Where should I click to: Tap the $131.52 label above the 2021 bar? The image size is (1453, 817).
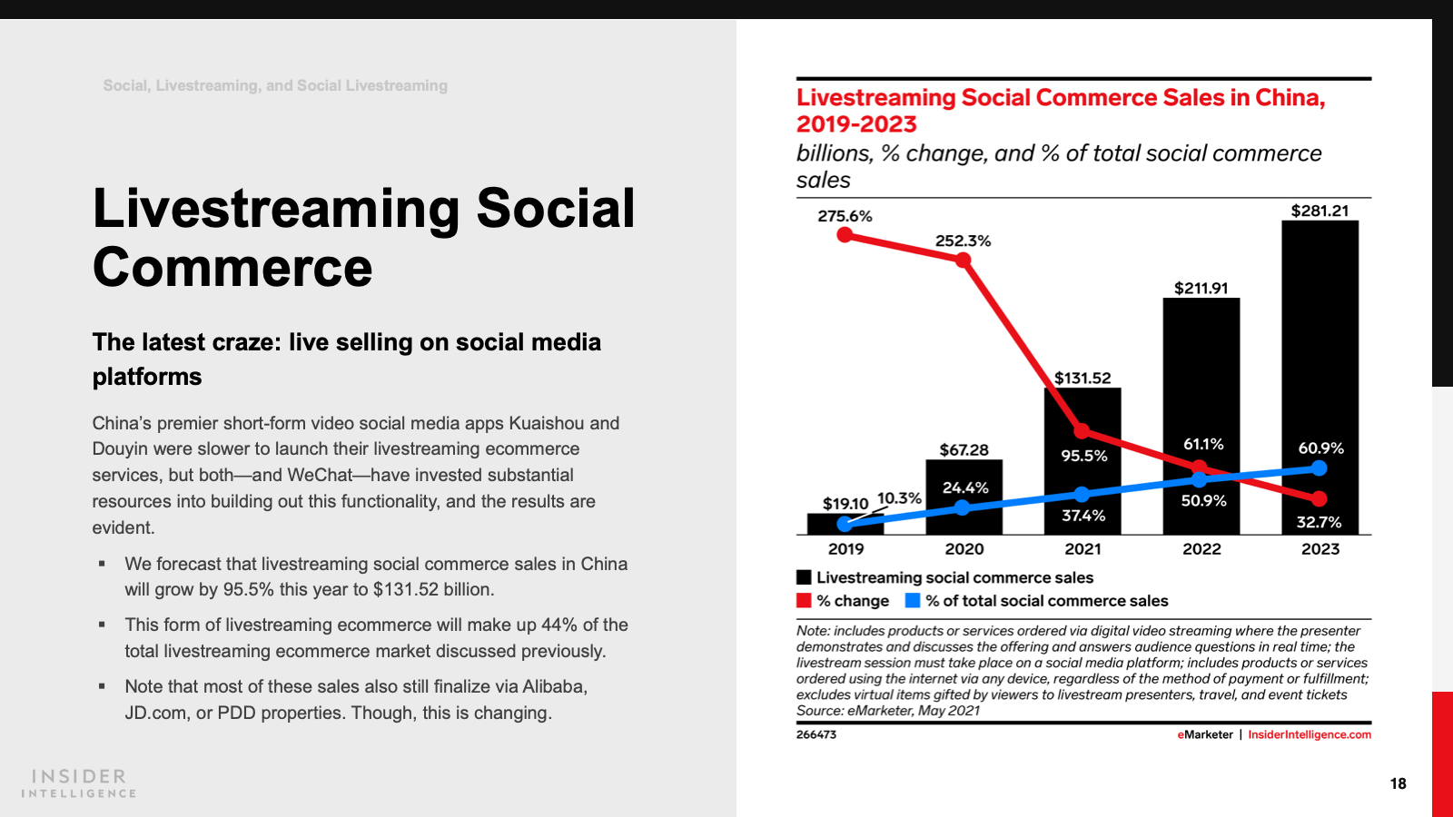(x=1082, y=378)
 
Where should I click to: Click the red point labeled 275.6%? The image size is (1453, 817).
(x=845, y=235)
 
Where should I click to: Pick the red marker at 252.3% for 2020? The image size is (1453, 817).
(x=964, y=261)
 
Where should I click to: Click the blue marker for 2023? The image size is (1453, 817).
(x=1320, y=468)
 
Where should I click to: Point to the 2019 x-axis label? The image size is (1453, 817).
(x=845, y=549)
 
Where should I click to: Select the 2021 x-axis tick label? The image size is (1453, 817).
(x=1082, y=549)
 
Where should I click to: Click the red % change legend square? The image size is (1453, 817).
(x=804, y=600)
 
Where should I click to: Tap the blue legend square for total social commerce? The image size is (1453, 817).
(x=913, y=600)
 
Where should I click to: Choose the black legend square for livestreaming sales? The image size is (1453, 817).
(x=804, y=577)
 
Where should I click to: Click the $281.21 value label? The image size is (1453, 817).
(x=1320, y=211)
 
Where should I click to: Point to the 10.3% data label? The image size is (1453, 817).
(x=899, y=498)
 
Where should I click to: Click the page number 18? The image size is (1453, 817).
(x=1398, y=783)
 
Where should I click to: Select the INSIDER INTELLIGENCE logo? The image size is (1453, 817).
(x=79, y=783)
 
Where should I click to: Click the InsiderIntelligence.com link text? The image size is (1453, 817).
(x=1309, y=734)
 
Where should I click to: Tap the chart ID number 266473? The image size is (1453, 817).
(x=816, y=734)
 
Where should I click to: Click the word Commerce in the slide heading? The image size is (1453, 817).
(x=232, y=268)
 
